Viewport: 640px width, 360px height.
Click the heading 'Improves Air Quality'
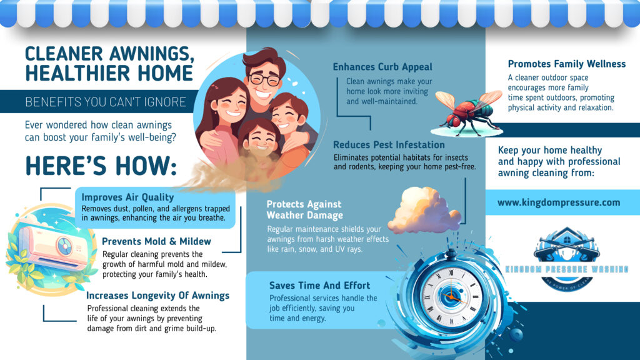[127, 197]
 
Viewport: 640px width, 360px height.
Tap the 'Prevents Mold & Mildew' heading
[156, 241]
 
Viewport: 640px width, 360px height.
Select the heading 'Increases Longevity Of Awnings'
[157, 296]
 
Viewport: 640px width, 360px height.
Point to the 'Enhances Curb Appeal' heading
[382, 67]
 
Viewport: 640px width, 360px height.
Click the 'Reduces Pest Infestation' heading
[389, 145]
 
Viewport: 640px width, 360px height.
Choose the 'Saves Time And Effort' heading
[319, 285]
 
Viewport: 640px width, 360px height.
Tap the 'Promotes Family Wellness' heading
[566, 64]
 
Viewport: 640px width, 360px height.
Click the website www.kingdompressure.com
[559, 202]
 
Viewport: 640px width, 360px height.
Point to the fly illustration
[467, 112]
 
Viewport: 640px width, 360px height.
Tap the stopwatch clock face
[452, 296]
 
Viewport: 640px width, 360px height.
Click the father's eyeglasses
[264, 78]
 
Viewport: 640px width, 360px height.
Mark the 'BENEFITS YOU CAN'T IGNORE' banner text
[106, 102]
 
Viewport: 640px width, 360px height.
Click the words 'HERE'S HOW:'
[101, 166]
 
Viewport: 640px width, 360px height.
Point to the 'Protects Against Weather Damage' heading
[304, 210]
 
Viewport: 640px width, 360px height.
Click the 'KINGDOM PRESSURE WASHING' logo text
[567, 269]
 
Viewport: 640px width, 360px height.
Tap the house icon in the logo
[567, 237]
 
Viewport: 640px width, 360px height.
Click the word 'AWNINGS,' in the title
[151, 54]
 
